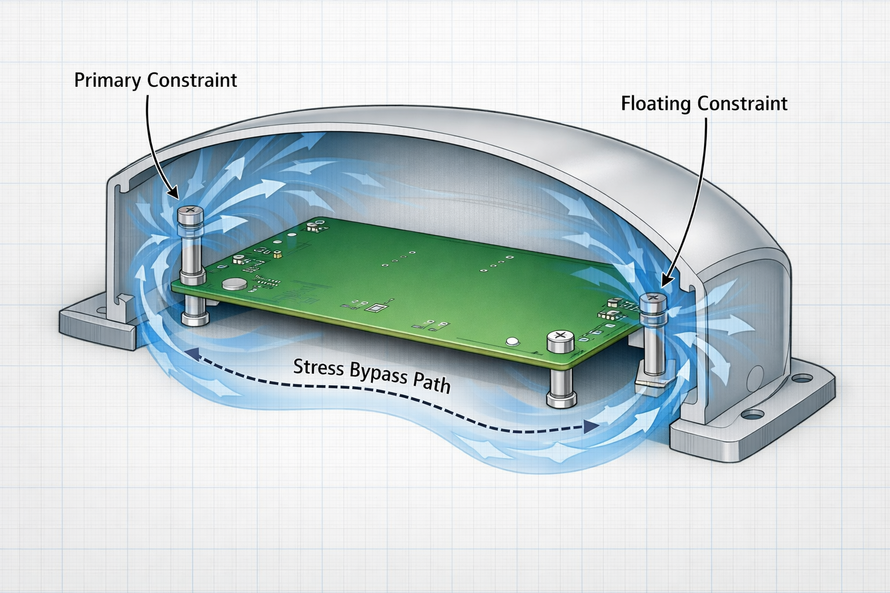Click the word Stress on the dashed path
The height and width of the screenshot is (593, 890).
(319, 368)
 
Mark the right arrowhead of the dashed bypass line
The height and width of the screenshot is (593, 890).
(591, 427)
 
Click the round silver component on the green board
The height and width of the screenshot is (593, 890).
(234, 284)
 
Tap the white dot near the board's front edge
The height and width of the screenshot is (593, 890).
(512, 341)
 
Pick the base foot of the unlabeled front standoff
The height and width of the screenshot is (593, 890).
(561, 400)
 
